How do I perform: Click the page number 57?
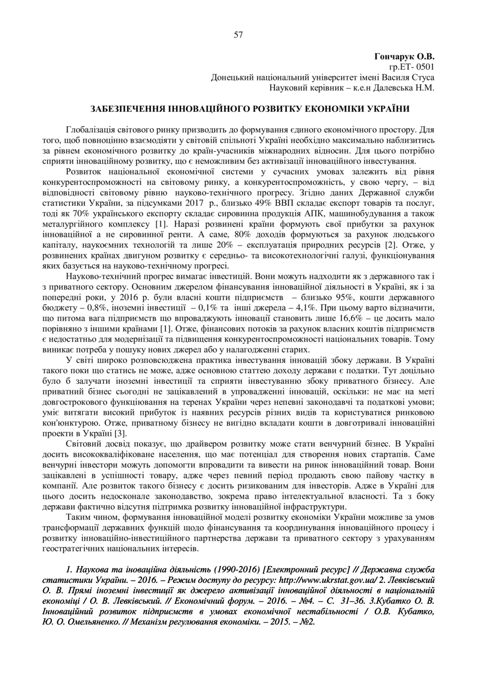(x=238, y=35)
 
